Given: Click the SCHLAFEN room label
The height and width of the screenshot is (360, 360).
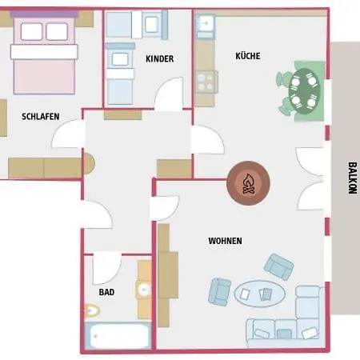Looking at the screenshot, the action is click(x=41, y=117).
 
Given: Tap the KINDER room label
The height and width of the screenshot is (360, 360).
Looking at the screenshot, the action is click(x=160, y=58).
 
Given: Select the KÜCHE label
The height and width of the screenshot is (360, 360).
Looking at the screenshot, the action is click(x=248, y=56).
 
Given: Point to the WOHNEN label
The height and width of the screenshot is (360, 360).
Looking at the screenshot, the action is click(x=226, y=241).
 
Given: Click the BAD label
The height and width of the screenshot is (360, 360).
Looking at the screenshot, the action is click(x=106, y=292).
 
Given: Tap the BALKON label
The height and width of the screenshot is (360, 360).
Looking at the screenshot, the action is click(x=352, y=178).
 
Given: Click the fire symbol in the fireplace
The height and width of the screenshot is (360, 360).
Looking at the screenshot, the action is click(x=248, y=184).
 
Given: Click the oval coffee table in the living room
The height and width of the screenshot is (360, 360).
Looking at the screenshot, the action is click(x=260, y=294).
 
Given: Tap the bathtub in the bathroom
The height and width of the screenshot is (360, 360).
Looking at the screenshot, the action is click(x=118, y=335).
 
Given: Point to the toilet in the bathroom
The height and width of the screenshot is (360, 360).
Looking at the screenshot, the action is click(x=92, y=310).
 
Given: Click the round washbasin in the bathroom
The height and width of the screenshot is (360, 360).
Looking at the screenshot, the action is click(x=144, y=289).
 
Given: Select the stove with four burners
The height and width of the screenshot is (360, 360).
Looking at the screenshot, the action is click(x=206, y=82).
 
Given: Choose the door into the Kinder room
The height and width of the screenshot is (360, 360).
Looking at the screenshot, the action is click(x=169, y=94).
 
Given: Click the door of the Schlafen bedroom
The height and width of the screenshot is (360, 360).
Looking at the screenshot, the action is click(x=68, y=134).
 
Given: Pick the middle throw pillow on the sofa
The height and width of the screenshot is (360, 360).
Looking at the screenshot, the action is click(x=284, y=334).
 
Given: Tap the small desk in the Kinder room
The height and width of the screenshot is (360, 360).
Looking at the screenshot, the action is click(x=152, y=24).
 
